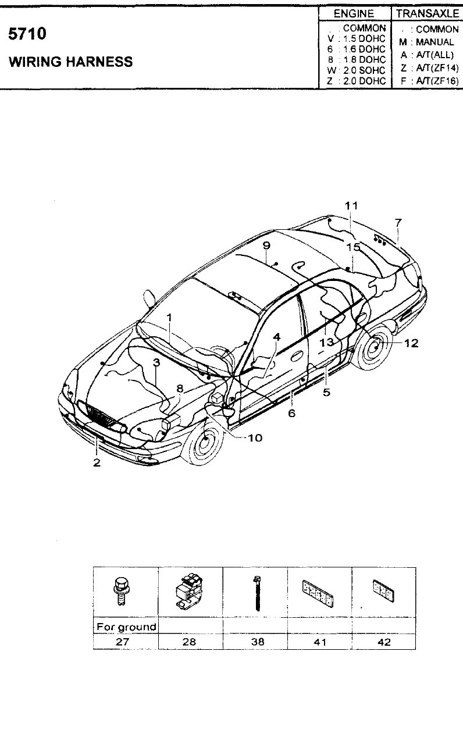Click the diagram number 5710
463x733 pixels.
pyautogui.click(x=27, y=34)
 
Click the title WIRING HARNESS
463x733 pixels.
pyautogui.click(x=71, y=62)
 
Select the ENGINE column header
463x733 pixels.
pyautogui.click(x=354, y=13)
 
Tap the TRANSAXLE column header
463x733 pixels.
pyautogui.click(x=428, y=13)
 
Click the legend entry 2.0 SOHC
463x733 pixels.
pyautogui.click(x=364, y=70)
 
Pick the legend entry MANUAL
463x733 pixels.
pyautogui.click(x=435, y=42)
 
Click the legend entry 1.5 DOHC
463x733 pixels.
pyautogui.click(x=364, y=38)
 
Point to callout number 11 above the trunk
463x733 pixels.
pyautogui.click(x=351, y=206)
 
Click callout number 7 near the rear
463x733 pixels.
pyautogui.click(x=398, y=223)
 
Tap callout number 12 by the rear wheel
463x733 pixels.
pyautogui.click(x=411, y=343)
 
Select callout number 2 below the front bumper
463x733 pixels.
pyautogui.click(x=97, y=462)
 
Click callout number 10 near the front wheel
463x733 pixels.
pyautogui.click(x=255, y=438)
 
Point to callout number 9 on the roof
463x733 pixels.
pyautogui.click(x=266, y=245)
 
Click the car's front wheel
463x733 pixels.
pyautogui.click(x=204, y=442)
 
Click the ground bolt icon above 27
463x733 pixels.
pyautogui.click(x=121, y=592)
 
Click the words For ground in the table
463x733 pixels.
pyautogui.click(x=126, y=627)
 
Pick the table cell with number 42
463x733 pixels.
pyautogui.click(x=384, y=642)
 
